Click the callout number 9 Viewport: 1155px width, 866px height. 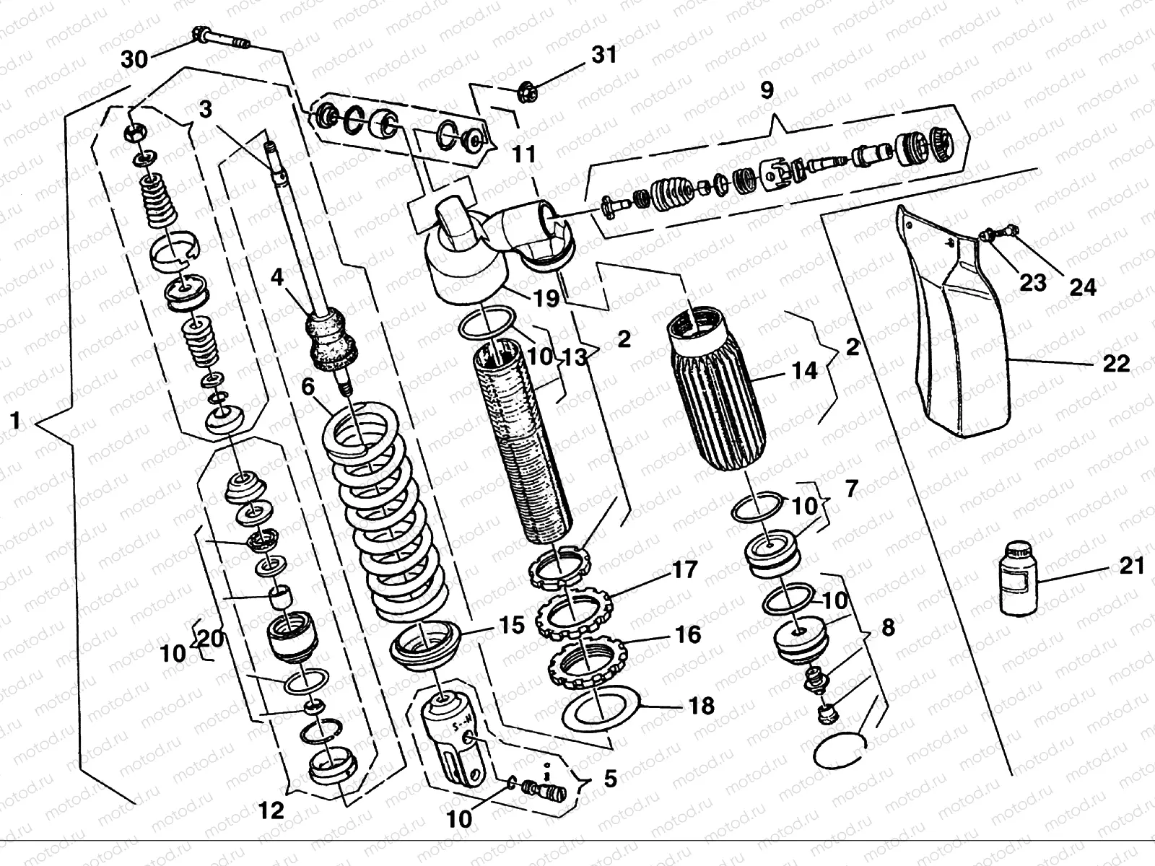coord(767,90)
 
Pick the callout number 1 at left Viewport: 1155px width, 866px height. coord(16,421)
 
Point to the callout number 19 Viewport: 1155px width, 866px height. coord(546,298)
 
